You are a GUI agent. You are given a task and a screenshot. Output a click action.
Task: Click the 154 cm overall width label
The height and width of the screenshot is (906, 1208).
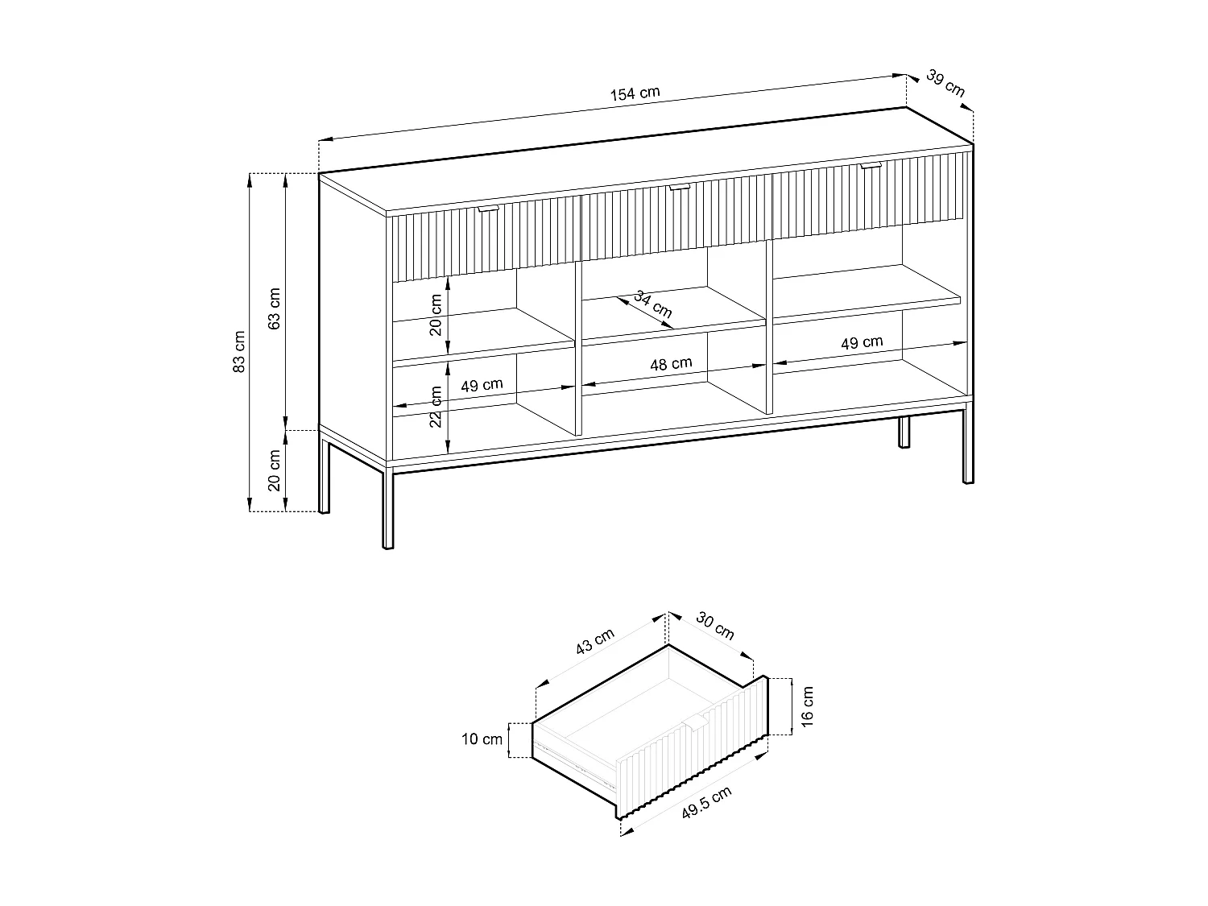point(635,93)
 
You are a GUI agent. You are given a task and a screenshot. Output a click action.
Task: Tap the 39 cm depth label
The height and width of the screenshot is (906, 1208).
point(945,84)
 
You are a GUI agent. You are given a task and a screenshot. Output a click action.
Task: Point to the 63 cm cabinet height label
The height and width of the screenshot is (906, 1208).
point(275,308)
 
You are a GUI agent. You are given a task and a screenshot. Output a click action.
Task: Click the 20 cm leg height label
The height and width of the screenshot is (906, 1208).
point(275,471)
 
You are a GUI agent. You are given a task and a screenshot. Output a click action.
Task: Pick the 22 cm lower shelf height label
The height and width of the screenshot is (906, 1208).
point(436,407)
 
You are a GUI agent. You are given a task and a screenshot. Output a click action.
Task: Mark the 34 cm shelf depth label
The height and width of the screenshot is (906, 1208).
point(653,304)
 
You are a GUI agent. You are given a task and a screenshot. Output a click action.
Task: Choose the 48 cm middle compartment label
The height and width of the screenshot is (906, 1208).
point(671,363)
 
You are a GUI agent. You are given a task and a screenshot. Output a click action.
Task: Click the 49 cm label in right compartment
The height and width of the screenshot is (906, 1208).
point(862,342)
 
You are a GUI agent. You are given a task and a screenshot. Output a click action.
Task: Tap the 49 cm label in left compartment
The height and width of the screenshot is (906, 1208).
point(482,385)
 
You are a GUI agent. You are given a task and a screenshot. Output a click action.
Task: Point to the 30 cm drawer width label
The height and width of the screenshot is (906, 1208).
point(715,627)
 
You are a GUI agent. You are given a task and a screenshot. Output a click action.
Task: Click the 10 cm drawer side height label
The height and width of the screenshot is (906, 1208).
point(482,739)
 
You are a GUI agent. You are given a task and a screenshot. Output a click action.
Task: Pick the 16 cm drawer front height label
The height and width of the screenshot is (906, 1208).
point(808,705)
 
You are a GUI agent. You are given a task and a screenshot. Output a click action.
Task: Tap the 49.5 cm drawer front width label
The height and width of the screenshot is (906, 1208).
point(706,803)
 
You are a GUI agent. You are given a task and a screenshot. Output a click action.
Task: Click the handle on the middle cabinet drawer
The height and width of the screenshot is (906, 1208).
point(679,188)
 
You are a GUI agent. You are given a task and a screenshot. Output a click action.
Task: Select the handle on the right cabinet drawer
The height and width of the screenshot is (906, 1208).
point(871,166)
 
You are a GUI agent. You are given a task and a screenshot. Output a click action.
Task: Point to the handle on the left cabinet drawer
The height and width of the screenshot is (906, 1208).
point(488,209)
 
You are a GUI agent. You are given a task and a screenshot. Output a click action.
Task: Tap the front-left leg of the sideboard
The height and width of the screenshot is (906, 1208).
point(388,507)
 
